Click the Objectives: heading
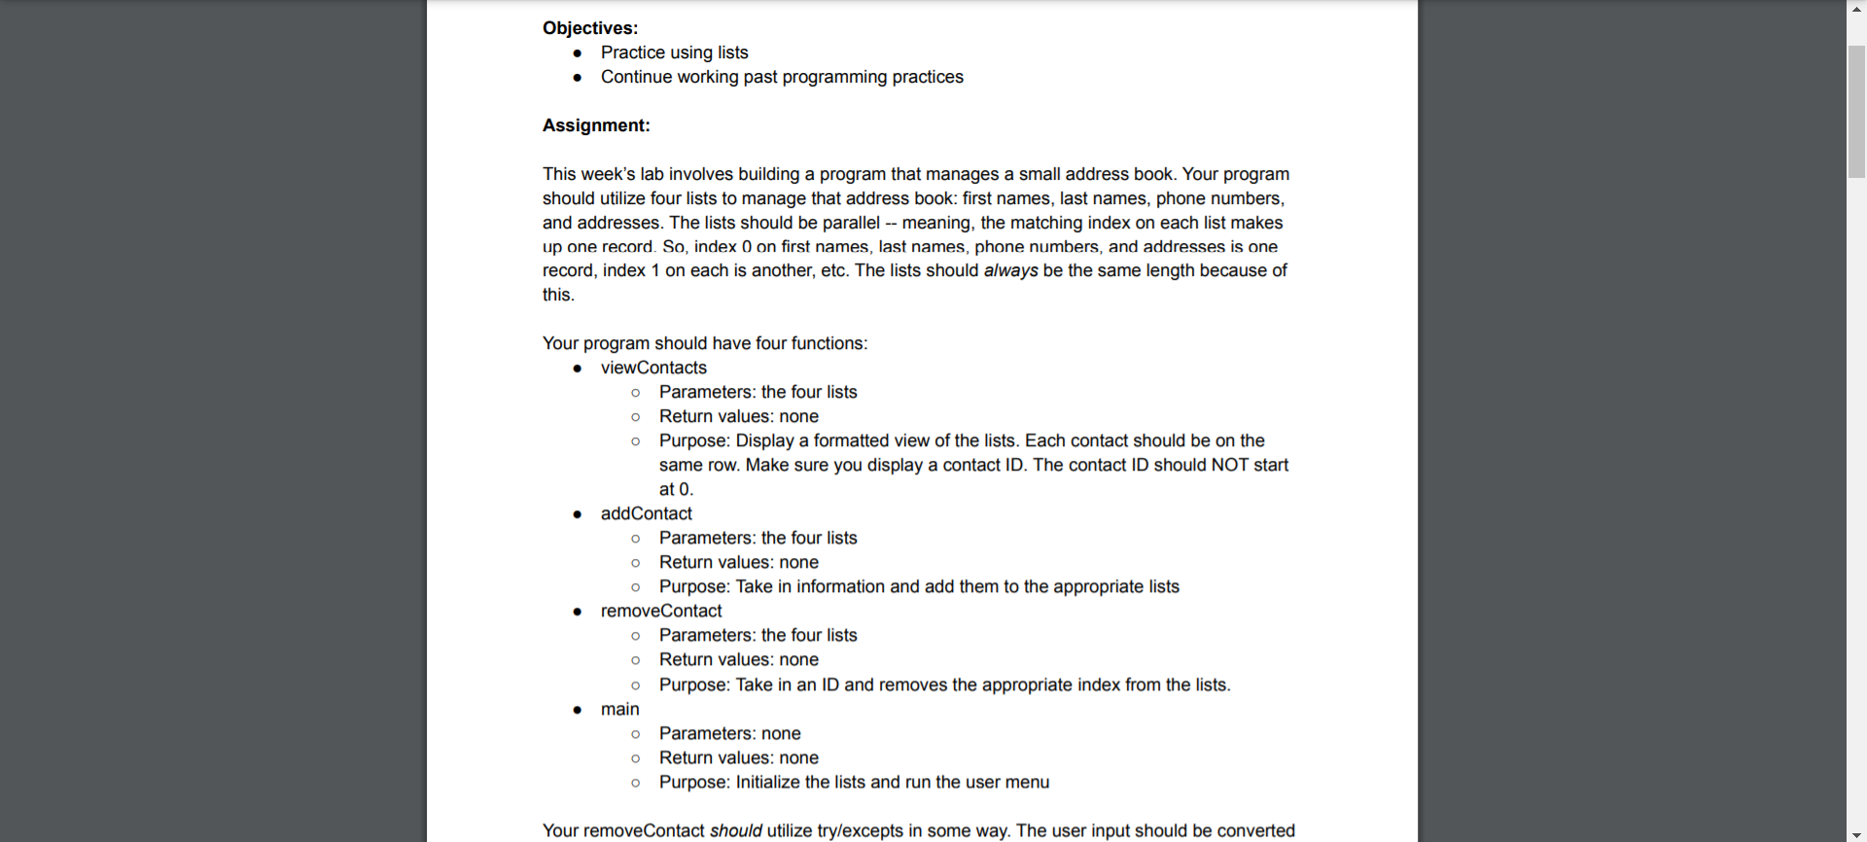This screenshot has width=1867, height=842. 589,28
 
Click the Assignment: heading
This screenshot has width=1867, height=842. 595,125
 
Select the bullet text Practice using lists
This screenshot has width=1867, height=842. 674,53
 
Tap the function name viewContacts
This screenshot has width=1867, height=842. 653,368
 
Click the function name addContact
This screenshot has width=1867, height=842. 646,513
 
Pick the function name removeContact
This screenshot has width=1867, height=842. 661,611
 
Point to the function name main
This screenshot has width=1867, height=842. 619,709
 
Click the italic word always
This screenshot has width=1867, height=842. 1010,270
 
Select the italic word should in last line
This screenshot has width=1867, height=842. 735,830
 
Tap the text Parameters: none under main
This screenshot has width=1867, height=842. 729,733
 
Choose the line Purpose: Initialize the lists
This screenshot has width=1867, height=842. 854,782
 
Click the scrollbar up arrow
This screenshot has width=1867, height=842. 1856,8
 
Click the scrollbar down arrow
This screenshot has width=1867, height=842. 1856,834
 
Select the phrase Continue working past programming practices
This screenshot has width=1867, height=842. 782,77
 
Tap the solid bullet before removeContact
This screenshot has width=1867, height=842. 578,612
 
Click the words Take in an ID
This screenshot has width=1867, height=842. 787,684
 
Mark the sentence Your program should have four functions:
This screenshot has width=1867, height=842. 705,343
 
